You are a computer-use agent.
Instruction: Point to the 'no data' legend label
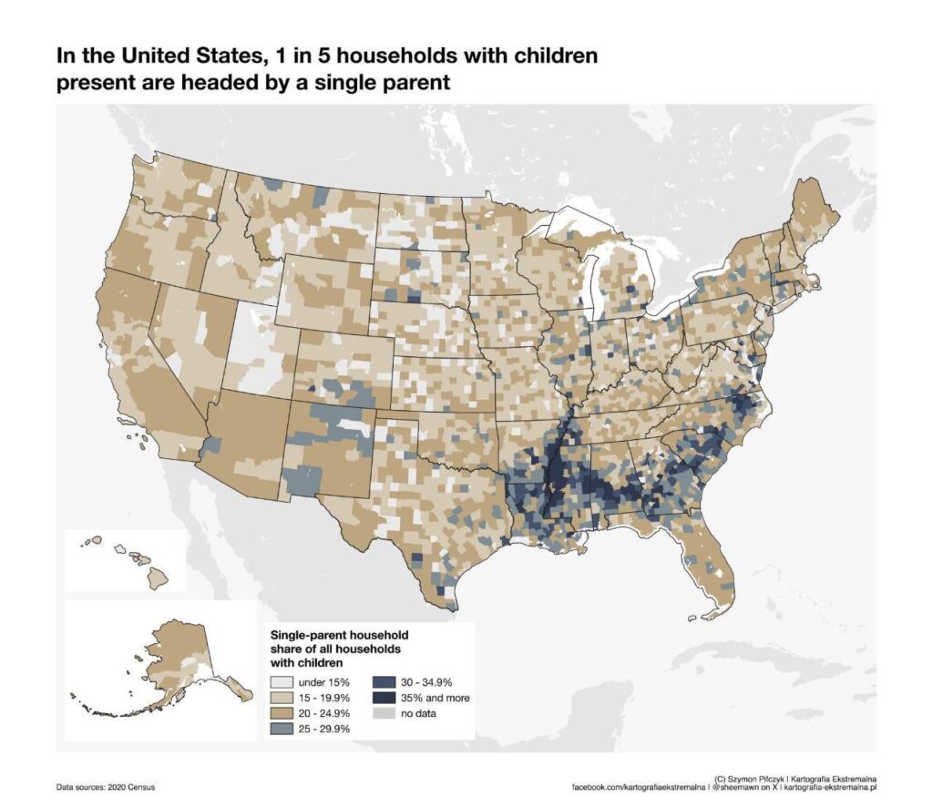coord(418,713)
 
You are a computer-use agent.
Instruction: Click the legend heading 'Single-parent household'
coord(339,634)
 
